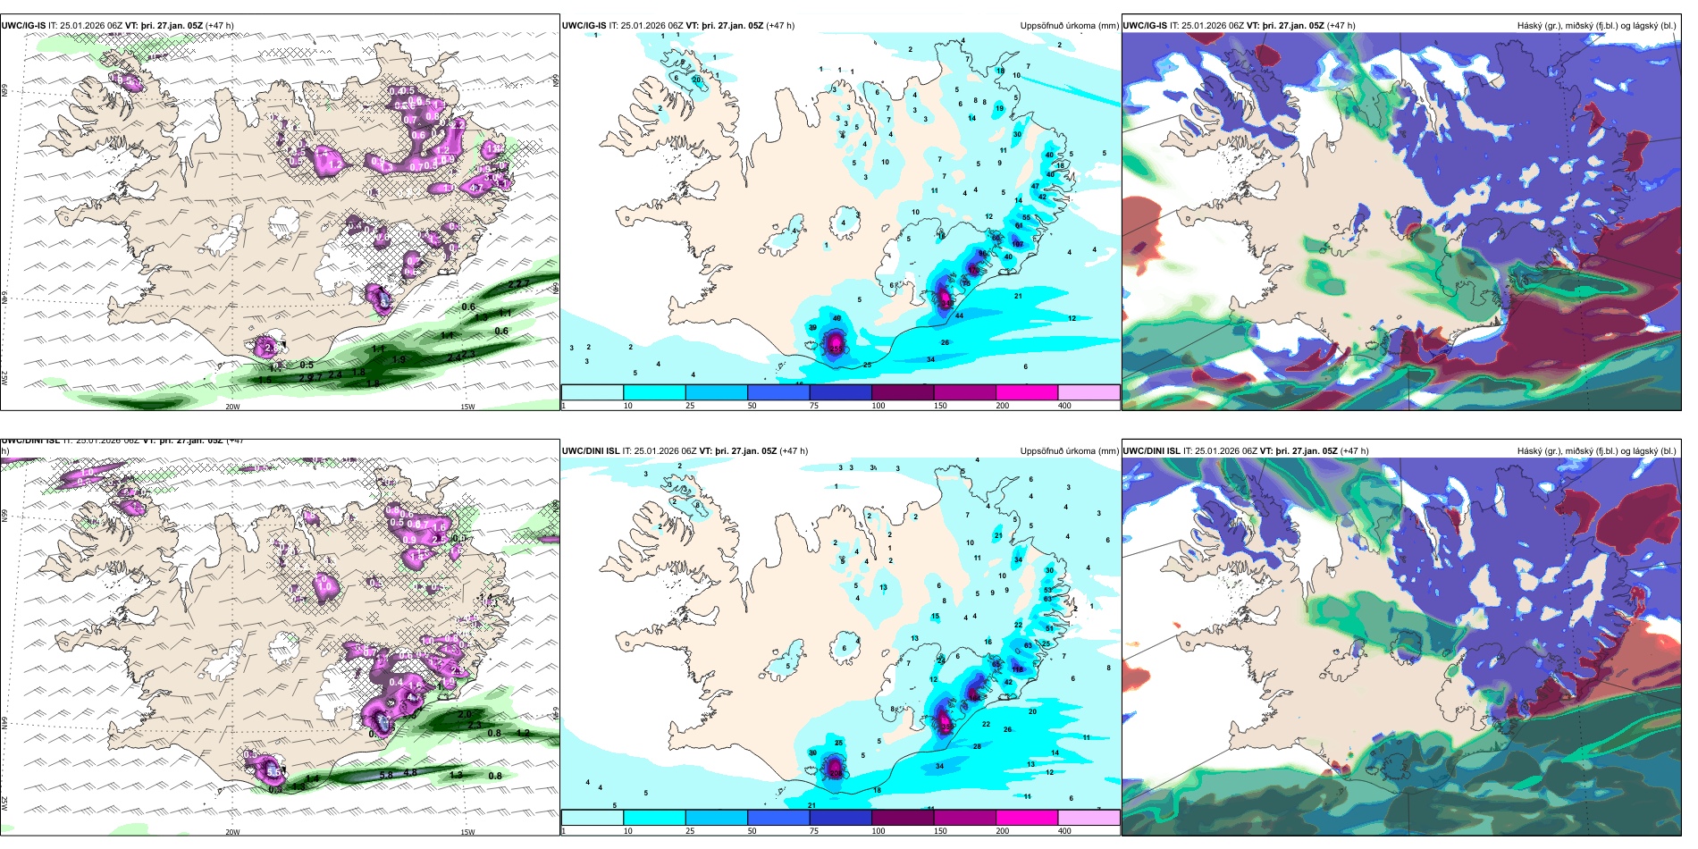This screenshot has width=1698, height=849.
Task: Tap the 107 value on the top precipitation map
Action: (1017, 244)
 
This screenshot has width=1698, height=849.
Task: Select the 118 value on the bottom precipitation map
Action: (1017, 669)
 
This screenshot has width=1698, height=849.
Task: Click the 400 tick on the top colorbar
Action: (1064, 406)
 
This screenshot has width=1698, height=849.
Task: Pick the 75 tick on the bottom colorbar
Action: (814, 831)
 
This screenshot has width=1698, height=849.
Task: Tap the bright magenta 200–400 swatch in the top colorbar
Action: (1027, 392)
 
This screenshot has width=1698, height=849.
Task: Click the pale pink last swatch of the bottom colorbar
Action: (1089, 818)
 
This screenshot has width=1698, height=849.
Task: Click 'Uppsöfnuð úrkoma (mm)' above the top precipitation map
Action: (1069, 26)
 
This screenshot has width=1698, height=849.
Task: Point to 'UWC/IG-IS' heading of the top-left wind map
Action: (23, 26)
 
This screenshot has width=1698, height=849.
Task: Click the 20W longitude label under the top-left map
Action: (232, 407)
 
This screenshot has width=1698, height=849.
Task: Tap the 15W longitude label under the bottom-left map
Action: (467, 832)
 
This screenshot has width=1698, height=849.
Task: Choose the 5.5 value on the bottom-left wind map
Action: (273, 770)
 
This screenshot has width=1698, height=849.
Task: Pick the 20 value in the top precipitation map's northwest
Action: (697, 80)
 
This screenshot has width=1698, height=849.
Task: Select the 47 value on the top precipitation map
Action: (1035, 187)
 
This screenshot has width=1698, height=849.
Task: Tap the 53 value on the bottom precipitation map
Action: (1048, 591)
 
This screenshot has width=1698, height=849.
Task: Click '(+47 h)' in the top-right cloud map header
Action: (1341, 26)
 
